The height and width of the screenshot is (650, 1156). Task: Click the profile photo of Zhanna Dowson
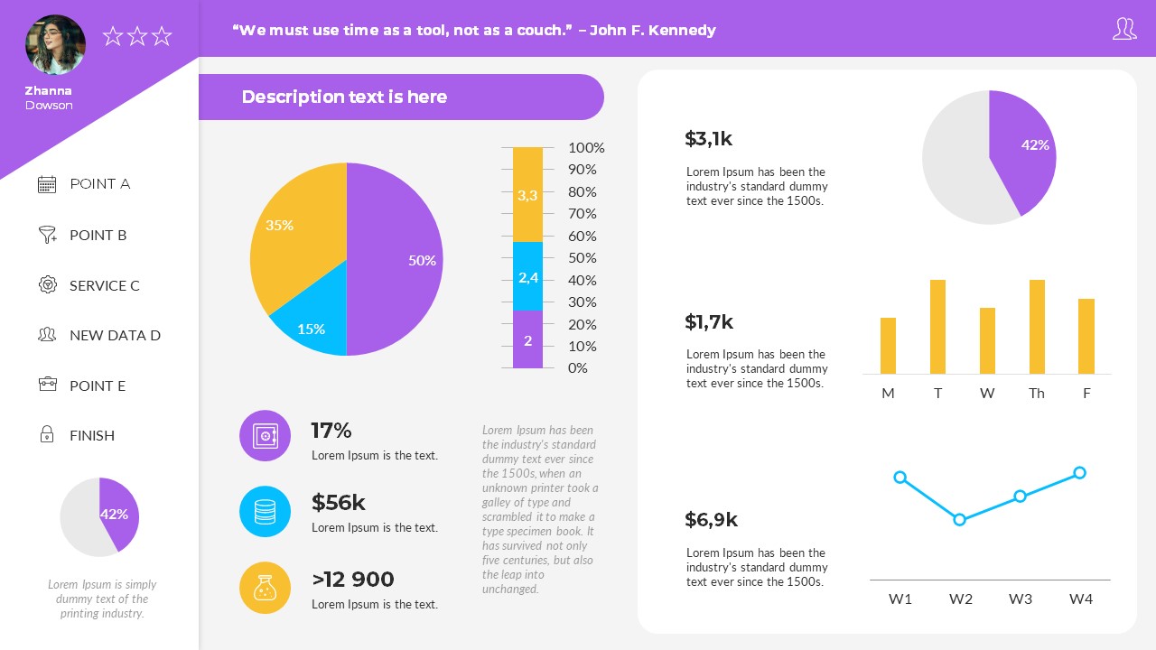coord(55,45)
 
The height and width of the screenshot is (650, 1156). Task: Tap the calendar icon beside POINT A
coord(47,184)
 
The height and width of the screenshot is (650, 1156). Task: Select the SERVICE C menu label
coord(105,285)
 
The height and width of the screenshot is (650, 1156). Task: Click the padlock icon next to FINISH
coord(47,434)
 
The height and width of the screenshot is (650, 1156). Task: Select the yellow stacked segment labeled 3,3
coord(527,194)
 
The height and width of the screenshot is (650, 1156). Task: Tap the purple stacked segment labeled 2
coord(527,340)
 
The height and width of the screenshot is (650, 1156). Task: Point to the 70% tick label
coord(582,214)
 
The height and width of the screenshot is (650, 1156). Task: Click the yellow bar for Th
coord(1037,327)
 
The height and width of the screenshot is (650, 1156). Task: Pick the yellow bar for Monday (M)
coord(888,346)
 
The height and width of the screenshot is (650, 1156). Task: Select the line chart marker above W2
coord(959,519)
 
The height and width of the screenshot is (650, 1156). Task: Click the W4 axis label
coord(1081,599)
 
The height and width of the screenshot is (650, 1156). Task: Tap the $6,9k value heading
coord(711,519)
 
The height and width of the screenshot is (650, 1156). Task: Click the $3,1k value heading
coord(708,138)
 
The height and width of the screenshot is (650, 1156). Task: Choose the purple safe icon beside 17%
coord(265,436)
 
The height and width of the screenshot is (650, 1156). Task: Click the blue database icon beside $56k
coord(265,512)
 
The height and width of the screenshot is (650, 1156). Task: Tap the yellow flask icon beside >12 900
coord(265,588)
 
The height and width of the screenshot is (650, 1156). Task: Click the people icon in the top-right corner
coord(1123,29)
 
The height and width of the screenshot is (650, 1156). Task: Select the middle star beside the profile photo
coord(137,36)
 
